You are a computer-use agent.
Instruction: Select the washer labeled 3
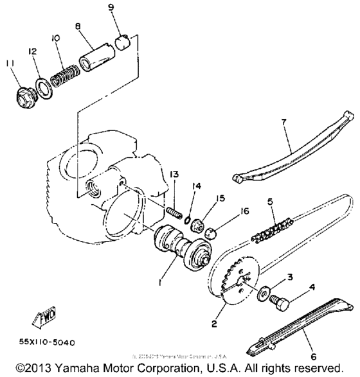pos(265,294)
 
